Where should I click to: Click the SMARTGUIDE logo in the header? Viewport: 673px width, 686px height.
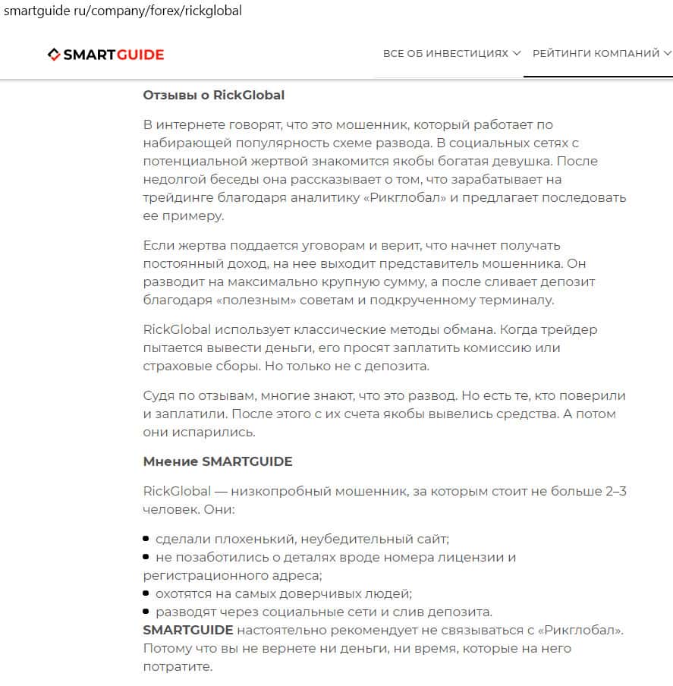[x=105, y=54]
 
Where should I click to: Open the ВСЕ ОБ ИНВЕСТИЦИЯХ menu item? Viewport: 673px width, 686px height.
[x=445, y=54]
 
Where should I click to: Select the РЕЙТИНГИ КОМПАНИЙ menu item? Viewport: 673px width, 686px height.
[x=596, y=54]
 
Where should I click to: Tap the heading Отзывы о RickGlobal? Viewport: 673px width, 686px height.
[x=213, y=96]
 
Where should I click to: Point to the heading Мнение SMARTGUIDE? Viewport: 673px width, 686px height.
[x=217, y=461]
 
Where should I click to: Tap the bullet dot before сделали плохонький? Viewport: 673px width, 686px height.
[x=146, y=539]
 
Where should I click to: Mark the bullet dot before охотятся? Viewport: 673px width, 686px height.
[x=146, y=593]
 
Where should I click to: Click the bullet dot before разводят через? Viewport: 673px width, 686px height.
[x=146, y=612]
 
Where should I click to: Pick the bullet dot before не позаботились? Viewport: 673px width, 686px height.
[x=146, y=557]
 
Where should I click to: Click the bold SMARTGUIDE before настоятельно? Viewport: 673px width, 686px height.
[x=187, y=631]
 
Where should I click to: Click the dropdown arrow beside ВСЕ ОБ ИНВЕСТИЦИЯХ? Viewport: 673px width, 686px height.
[x=517, y=54]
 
